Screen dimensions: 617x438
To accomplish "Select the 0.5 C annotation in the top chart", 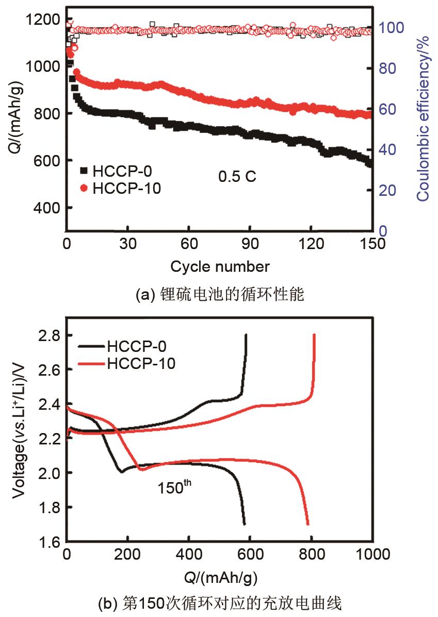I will point(237,177).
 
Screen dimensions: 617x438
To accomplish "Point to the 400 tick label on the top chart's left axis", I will point(48,208).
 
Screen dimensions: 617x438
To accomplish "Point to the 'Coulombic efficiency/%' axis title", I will point(423,118).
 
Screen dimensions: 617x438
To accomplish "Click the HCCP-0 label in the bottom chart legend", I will point(137,346).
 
